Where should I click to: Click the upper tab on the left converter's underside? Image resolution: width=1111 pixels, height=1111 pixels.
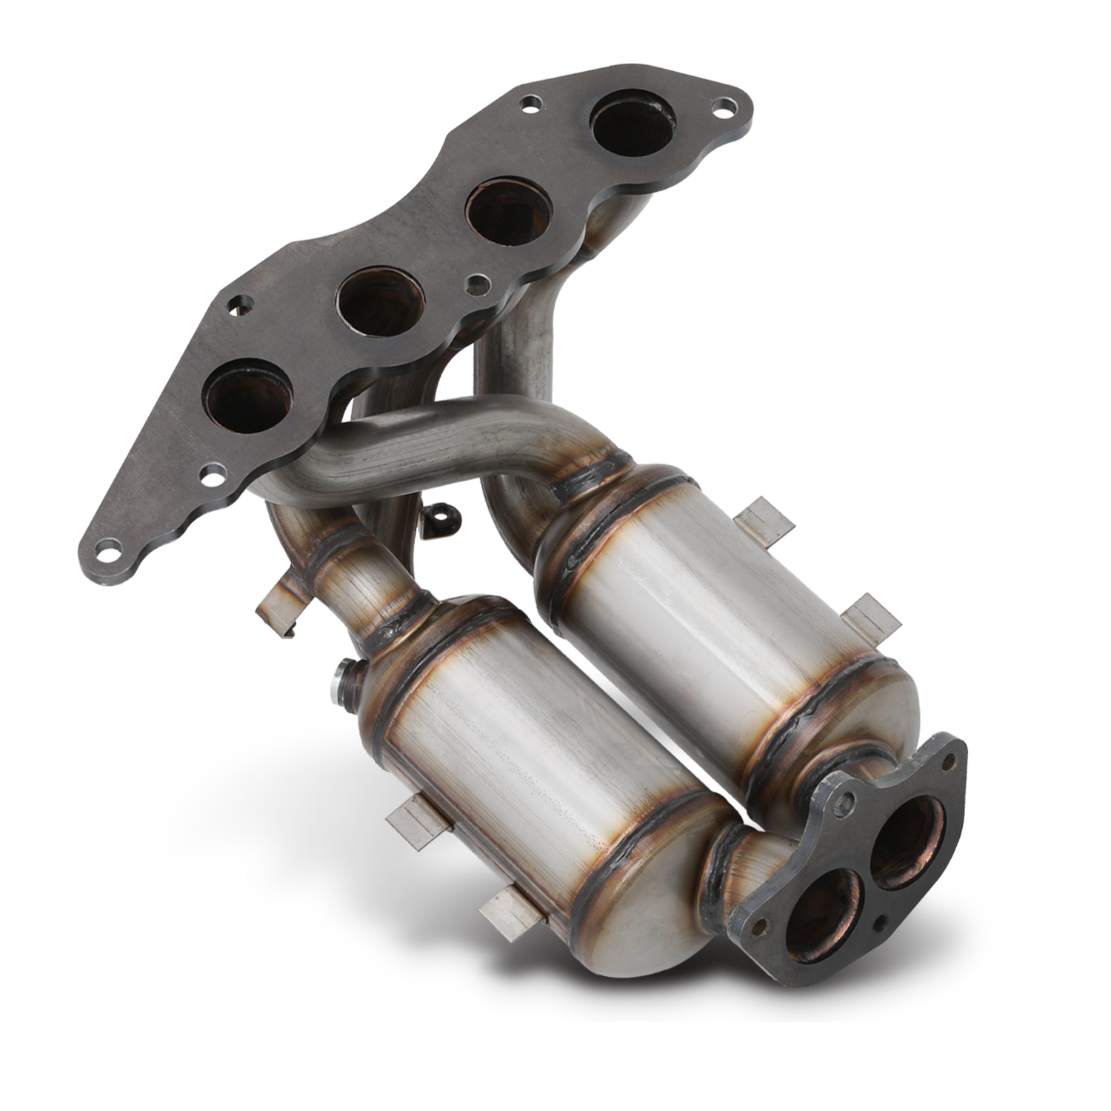(x=412, y=827)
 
